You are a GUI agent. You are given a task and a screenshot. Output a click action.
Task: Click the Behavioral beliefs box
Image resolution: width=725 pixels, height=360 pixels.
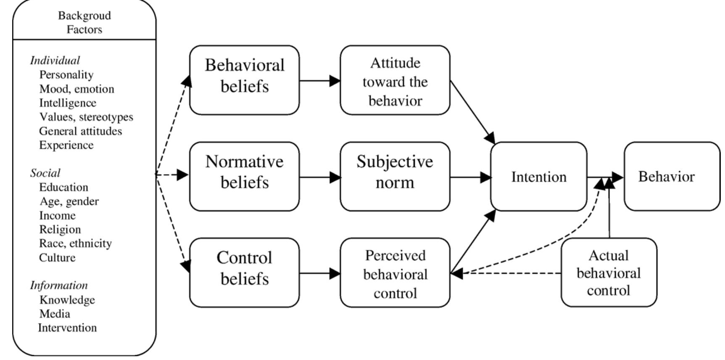coord(244,80)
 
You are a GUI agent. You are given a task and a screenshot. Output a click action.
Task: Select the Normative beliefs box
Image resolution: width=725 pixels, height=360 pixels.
coord(244,176)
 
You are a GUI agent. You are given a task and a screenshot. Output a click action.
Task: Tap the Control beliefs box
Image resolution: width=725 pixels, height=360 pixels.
coord(244,272)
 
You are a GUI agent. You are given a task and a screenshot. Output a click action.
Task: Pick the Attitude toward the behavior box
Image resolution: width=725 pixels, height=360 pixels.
coord(395,80)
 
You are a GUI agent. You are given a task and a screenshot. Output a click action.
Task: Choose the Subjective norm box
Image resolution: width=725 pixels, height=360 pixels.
coord(395,176)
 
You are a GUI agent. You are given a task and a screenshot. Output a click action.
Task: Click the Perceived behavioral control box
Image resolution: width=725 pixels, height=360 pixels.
coord(395,272)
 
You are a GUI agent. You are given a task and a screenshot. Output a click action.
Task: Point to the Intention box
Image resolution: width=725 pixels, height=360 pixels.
coord(538,177)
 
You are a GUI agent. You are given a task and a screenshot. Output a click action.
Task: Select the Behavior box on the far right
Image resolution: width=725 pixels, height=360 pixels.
coord(671,176)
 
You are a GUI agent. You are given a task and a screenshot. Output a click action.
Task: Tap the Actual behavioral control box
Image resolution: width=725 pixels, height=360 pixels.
coord(608,272)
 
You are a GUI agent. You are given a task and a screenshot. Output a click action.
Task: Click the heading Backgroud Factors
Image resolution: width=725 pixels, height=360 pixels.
coord(84,22)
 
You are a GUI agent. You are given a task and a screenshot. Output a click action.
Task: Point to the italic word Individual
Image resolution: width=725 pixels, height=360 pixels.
coord(55,60)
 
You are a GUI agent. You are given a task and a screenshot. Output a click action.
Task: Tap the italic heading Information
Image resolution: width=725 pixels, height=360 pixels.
coord(59,285)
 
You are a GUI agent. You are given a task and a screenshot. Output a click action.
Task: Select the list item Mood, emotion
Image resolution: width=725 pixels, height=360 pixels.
coord(76,89)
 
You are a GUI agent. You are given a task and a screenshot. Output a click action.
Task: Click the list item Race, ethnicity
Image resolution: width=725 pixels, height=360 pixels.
coord(75,243)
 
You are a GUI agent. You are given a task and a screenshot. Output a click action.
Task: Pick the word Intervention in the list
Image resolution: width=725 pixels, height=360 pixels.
coord(67,328)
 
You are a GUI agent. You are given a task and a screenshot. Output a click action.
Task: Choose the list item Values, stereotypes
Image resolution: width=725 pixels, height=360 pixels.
coord(86,116)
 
